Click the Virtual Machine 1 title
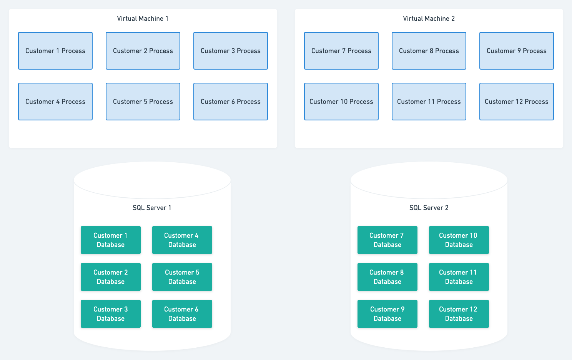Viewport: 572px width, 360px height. pyautogui.click(x=143, y=18)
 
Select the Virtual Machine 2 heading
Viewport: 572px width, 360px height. pyautogui.click(x=429, y=18)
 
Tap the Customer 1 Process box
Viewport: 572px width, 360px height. pyautogui.click(x=55, y=51)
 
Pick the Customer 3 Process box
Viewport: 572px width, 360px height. pyautogui.click(x=231, y=51)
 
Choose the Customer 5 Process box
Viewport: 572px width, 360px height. pyautogui.click(x=143, y=102)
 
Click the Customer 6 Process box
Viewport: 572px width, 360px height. pyautogui.click(x=231, y=102)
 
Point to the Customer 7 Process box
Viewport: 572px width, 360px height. pyautogui.click(x=341, y=51)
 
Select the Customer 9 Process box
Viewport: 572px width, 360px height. pyautogui.click(x=517, y=51)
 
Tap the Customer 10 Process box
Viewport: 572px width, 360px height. pyautogui.click(x=341, y=102)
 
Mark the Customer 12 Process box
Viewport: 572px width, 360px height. pyautogui.click(x=517, y=102)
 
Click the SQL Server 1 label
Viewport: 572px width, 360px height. pyautogui.click(x=152, y=208)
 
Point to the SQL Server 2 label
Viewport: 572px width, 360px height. pyautogui.click(x=429, y=208)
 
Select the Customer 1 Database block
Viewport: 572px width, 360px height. pyautogui.click(x=111, y=240)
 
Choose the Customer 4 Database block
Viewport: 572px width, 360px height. pyautogui.click(x=182, y=240)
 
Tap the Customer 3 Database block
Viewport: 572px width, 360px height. pyautogui.click(x=111, y=314)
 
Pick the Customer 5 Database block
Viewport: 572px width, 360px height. pyautogui.click(x=182, y=277)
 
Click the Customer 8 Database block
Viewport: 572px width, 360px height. pyautogui.click(x=387, y=277)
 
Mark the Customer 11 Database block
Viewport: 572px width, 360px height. pyautogui.click(x=459, y=277)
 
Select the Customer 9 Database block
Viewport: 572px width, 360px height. pyautogui.click(x=387, y=314)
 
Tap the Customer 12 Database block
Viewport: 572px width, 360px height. pyautogui.click(x=459, y=314)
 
